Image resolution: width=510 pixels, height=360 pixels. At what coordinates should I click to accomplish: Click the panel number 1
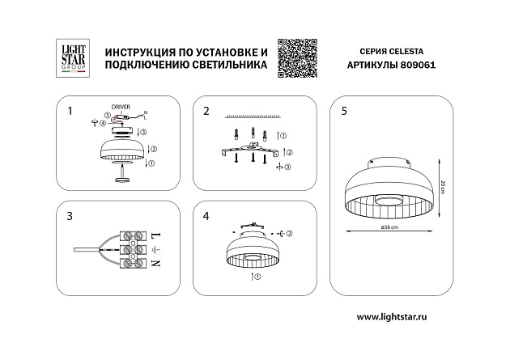point(70,110)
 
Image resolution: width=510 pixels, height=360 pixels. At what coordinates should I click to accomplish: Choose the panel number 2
point(206,110)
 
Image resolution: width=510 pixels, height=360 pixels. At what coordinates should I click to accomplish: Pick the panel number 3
point(70,216)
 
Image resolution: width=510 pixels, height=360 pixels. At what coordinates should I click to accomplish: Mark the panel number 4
point(206,216)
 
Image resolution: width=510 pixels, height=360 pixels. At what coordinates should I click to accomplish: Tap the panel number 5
point(345,110)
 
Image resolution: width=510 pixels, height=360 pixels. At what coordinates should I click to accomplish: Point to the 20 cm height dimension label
point(443,185)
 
